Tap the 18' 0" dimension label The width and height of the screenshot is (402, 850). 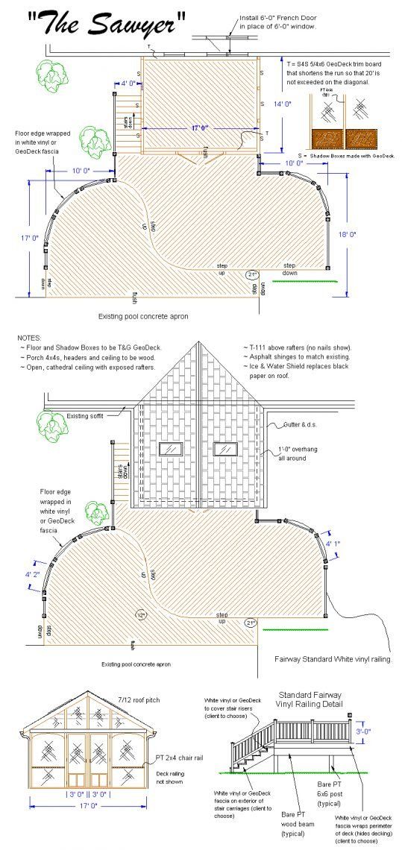coord(347,234)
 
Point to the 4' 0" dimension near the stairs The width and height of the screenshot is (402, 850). coord(128,84)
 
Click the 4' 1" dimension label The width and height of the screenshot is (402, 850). coord(333,544)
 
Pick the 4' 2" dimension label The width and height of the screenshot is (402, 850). coord(33,574)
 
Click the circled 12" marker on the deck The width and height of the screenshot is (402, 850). coord(140,615)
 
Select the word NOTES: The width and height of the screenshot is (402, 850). coord(30,338)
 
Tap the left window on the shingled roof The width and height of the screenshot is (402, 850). coord(172,449)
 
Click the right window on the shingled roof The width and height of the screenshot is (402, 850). coord(225,449)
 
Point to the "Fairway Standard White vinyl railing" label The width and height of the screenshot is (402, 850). coord(333,659)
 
